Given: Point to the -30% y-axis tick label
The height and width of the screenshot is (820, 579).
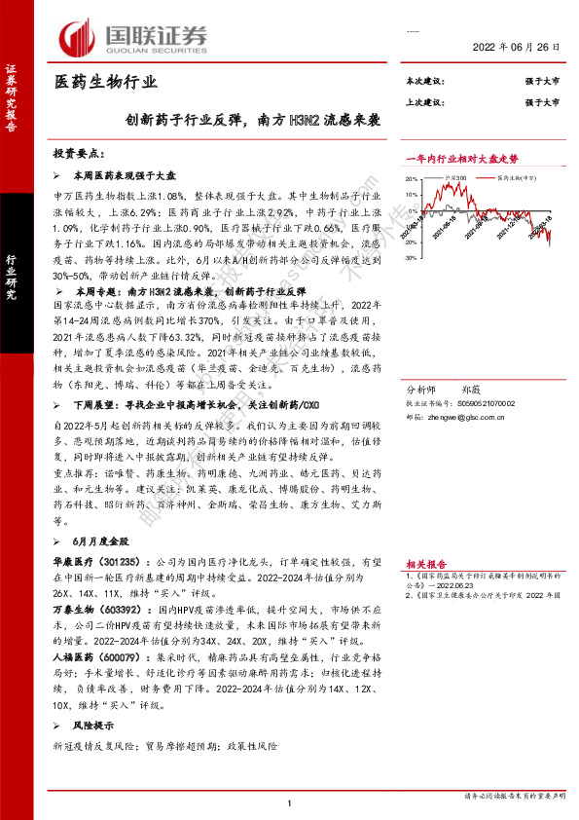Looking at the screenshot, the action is pyautogui.click(x=412, y=257).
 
